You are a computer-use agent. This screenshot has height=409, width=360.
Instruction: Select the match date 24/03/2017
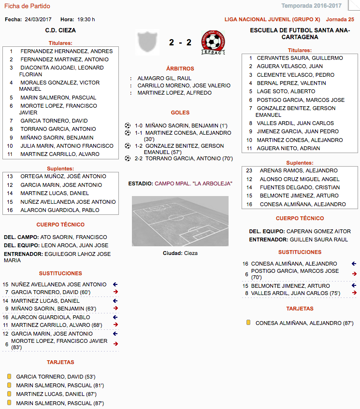click(x=38, y=19)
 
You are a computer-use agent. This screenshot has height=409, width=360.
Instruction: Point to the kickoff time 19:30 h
click(x=86, y=19)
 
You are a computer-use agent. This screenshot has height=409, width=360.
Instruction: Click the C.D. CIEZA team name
click(x=60, y=30)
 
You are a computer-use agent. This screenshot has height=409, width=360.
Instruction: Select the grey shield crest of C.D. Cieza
click(x=148, y=43)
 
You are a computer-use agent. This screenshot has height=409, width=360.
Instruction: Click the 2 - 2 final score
click(x=180, y=42)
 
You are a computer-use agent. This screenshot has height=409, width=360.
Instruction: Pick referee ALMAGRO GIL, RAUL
click(x=164, y=78)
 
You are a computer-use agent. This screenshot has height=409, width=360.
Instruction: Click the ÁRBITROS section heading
click(x=180, y=69)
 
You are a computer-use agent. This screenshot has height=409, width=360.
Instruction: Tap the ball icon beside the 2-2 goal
click(x=128, y=158)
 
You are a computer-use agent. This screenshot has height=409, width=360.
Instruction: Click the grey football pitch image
click(x=180, y=221)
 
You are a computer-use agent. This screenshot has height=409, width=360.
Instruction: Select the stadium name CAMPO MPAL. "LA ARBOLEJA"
click(x=194, y=183)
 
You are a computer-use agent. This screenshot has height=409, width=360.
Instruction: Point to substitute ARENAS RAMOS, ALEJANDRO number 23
click(x=298, y=170)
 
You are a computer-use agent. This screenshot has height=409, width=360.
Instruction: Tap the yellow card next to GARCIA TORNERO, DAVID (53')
click(x=9, y=376)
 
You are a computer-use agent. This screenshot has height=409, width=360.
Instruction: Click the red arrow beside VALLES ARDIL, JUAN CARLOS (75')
click(x=354, y=293)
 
